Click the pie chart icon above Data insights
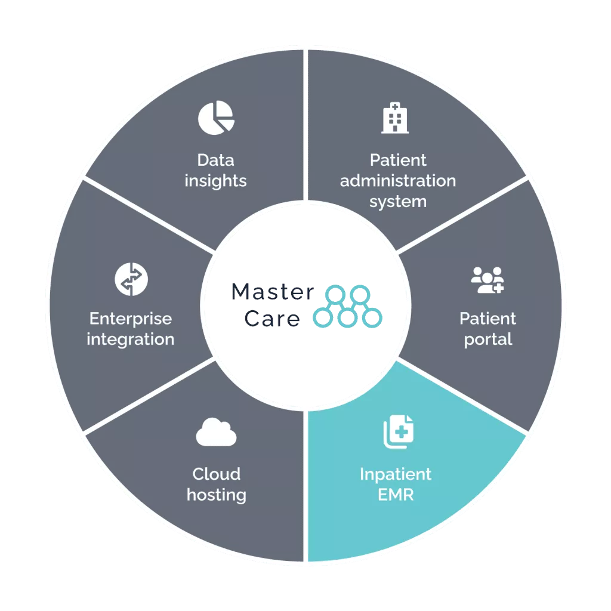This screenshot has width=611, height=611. point(216,117)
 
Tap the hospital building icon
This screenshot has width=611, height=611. point(395,118)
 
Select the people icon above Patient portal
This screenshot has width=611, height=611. point(487,279)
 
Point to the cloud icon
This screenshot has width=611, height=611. point(216,432)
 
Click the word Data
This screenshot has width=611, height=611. point(216,160)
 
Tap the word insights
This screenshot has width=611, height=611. point(215,180)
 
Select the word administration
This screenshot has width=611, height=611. point(398,180)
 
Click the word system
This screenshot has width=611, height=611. point(398,201)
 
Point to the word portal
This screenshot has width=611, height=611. point(488,340)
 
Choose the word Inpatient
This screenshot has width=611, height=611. point(396,474)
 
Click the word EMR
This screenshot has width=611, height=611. point(396,495)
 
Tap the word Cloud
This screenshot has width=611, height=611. point(216,474)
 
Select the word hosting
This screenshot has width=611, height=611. point(216,495)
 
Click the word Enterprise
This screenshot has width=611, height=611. point(131,319)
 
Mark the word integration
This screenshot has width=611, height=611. point(131,340)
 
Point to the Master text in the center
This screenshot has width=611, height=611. point(271,292)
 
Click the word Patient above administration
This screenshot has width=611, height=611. point(398,160)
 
